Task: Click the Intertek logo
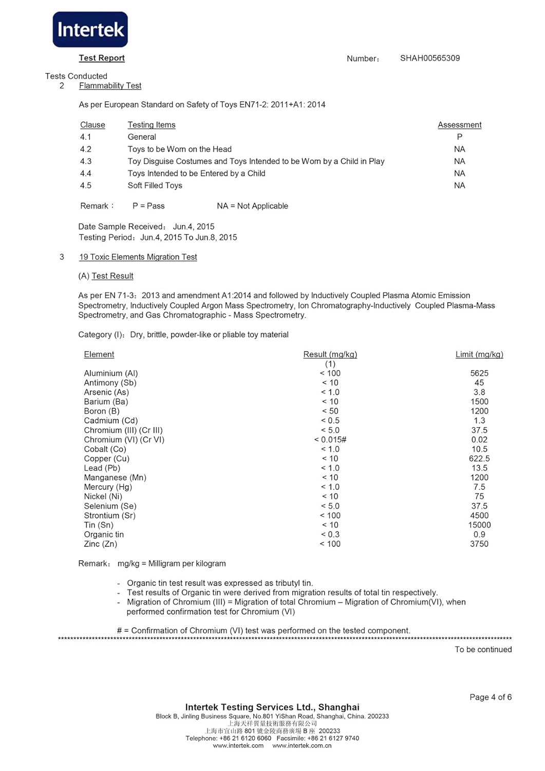[x=90, y=30]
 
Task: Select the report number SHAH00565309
[x=430, y=58]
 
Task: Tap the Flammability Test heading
[x=110, y=86]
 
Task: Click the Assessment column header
[x=459, y=125]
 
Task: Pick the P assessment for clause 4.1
[x=459, y=137]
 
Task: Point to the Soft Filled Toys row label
[x=155, y=186]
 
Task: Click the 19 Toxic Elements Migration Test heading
[x=138, y=257]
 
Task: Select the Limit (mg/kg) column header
[x=479, y=354]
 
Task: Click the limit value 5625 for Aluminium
[x=479, y=373]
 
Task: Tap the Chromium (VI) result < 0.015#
[x=330, y=439]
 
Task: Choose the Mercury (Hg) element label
[x=108, y=487]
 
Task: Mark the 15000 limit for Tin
[x=479, y=525]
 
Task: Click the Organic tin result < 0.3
[x=330, y=535]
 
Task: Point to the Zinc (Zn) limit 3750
[x=479, y=544]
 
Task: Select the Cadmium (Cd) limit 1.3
[x=479, y=420]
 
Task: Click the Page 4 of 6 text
[x=490, y=697]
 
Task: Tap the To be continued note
[x=483, y=650]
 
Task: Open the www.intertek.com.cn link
[x=302, y=746]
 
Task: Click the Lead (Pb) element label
[x=102, y=468]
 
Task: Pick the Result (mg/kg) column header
[x=330, y=354]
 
